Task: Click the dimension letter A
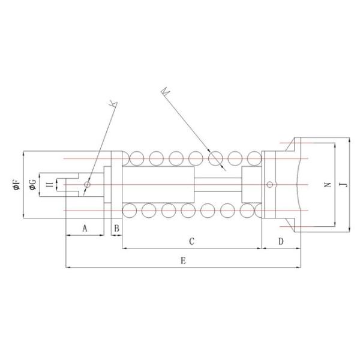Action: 85,228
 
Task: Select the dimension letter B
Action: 117,228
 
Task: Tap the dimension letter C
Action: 191,241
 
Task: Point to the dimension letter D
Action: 280,241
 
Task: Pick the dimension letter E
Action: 182,260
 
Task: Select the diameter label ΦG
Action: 34,184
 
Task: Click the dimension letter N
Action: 327,185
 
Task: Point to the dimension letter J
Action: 343,185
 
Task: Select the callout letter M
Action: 166,92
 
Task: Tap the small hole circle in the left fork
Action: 86,185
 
